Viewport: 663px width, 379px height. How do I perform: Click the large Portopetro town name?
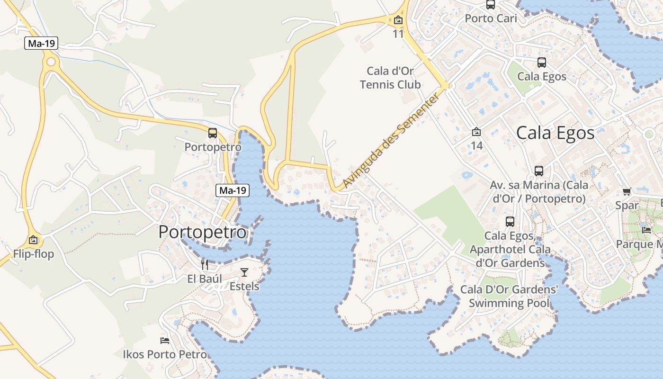pyautogui.click(x=203, y=232)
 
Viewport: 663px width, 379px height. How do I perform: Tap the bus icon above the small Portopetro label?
pyautogui.click(x=213, y=133)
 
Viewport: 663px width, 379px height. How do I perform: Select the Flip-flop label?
pyautogui.click(x=34, y=254)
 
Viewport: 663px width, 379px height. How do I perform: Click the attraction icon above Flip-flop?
pyautogui.click(x=33, y=240)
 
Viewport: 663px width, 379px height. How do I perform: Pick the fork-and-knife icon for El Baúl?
pyautogui.click(x=205, y=264)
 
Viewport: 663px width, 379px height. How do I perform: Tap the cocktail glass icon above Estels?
pyautogui.click(x=244, y=272)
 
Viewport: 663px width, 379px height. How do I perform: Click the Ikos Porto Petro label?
pyautogui.click(x=165, y=354)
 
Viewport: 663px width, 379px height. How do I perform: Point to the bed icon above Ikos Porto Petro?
pyautogui.click(x=165, y=340)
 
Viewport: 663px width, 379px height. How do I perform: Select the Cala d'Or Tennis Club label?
pyautogui.click(x=390, y=78)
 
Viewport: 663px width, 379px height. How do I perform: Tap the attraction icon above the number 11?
pyautogui.click(x=398, y=20)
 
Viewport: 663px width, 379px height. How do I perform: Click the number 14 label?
pyautogui.click(x=476, y=145)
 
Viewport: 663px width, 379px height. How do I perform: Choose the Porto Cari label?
pyautogui.click(x=491, y=18)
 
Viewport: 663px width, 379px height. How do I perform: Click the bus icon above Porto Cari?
pyautogui.click(x=491, y=5)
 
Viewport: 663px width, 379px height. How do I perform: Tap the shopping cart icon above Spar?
pyautogui.click(x=627, y=192)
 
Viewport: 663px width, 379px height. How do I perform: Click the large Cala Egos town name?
pyautogui.click(x=555, y=133)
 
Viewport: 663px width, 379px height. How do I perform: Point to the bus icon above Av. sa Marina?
pyautogui.click(x=539, y=171)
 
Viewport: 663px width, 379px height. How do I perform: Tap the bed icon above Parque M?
pyautogui.click(x=646, y=230)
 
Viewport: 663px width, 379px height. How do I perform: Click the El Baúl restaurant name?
pyautogui.click(x=205, y=279)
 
